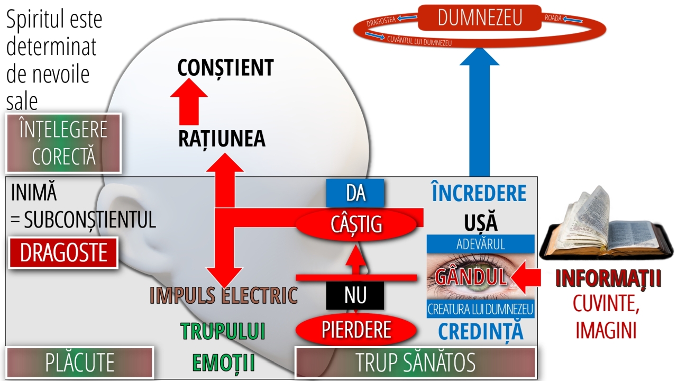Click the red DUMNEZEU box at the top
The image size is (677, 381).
click(x=480, y=18)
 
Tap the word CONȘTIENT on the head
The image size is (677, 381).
click(x=225, y=68)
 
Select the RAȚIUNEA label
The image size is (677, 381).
click(x=222, y=139)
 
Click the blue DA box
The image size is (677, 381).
click(x=355, y=193)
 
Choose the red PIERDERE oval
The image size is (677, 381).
click(x=356, y=330)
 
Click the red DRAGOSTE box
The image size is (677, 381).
click(x=63, y=253)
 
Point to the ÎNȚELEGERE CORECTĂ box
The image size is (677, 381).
click(x=63, y=143)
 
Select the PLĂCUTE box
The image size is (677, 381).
click(x=79, y=363)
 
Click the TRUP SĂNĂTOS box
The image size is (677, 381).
click(x=415, y=363)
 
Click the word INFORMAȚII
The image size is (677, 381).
click(x=608, y=279)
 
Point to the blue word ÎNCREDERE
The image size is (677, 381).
click(x=479, y=194)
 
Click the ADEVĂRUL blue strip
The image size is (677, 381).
click(x=480, y=244)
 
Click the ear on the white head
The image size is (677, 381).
click(x=121, y=217)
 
